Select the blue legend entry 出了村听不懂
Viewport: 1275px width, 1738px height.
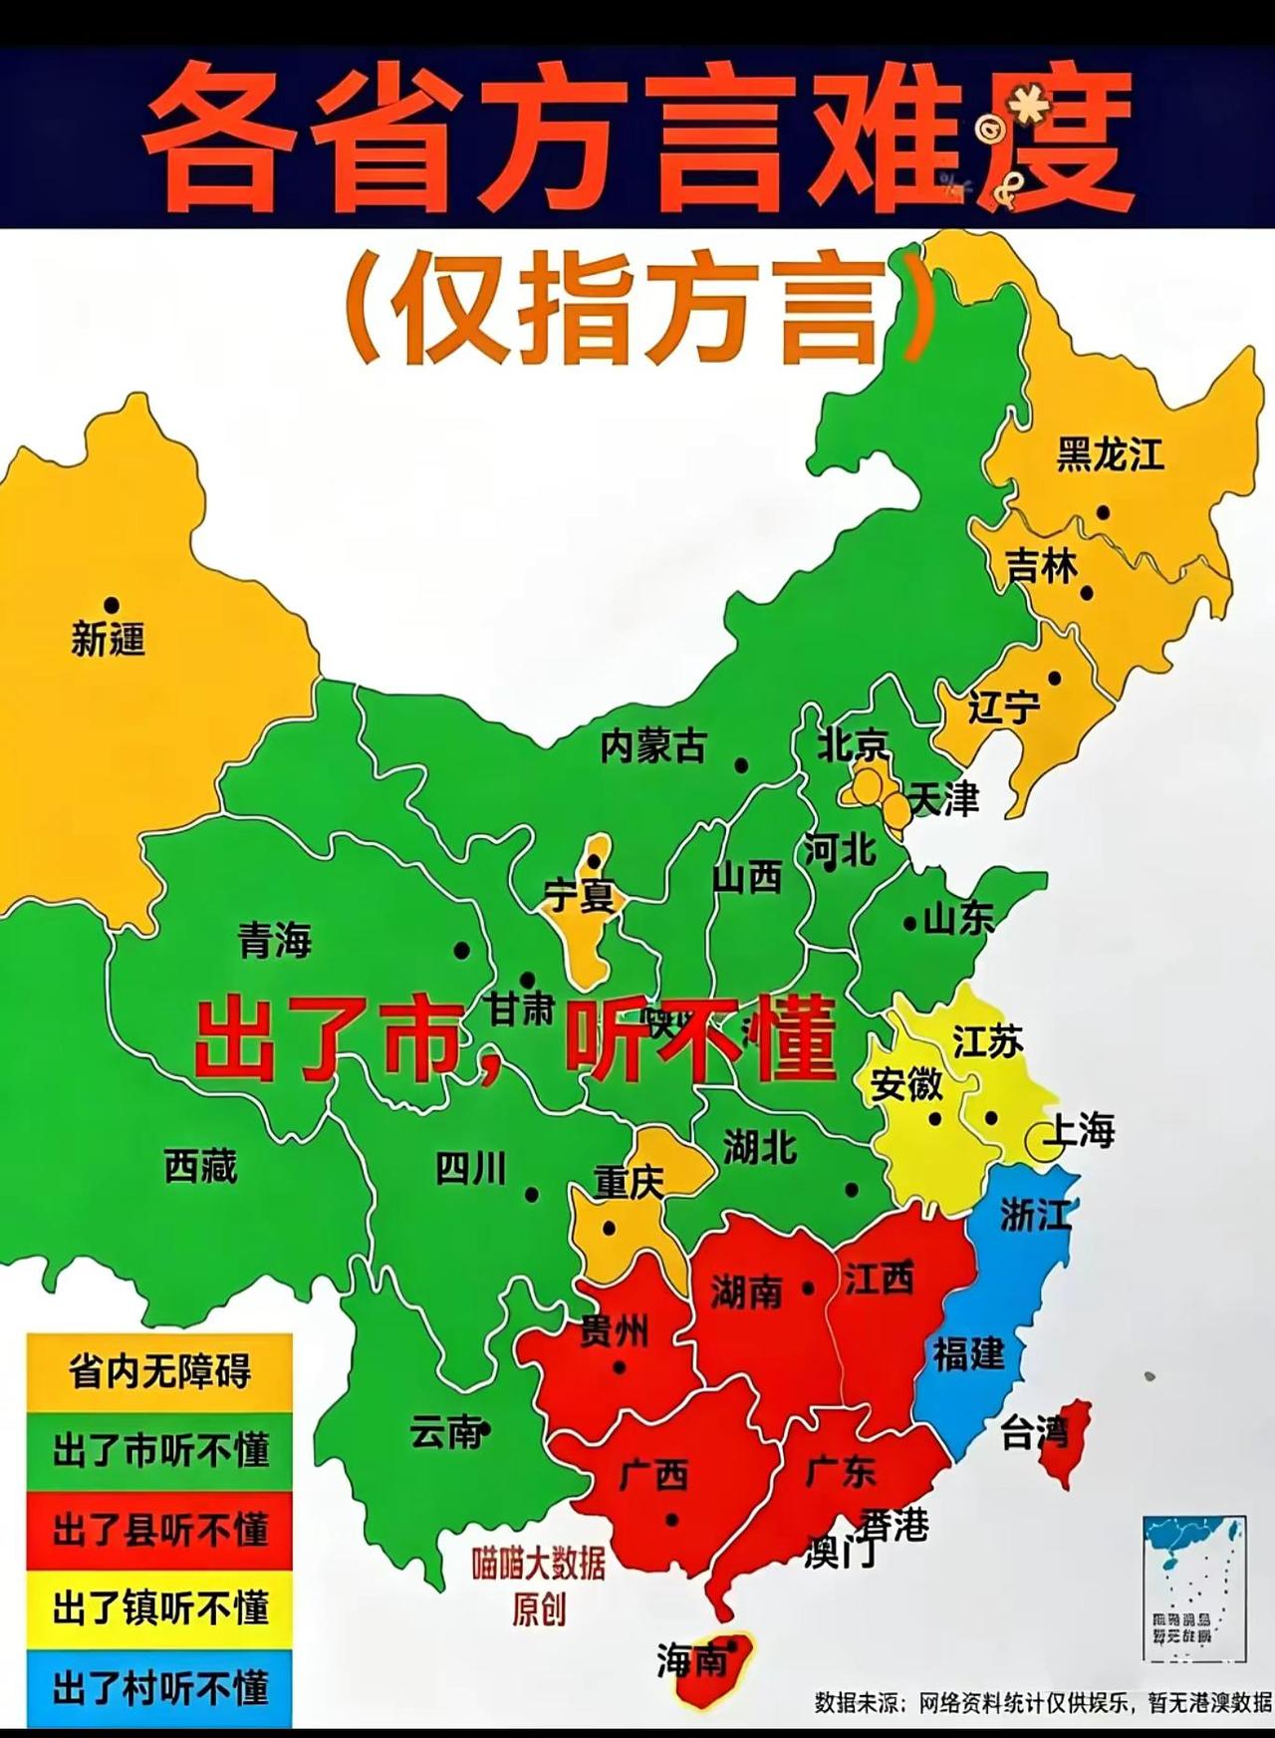tap(159, 1688)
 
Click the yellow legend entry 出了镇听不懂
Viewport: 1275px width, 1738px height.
tap(159, 1608)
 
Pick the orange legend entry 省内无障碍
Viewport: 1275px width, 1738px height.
tap(159, 1372)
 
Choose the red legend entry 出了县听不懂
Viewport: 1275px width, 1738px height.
tap(159, 1530)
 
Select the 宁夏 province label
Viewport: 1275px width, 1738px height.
tap(579, 895)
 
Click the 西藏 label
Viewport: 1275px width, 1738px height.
tap(201, 1165)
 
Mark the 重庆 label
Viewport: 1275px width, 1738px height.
tap(629, 1183)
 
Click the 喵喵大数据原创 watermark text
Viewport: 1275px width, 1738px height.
tap(538, 1585)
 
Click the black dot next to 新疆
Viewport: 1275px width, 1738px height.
tap(112, 605)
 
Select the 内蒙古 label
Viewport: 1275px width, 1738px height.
tap(652, 745)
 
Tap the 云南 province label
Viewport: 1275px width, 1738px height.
tap(446, 1433)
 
